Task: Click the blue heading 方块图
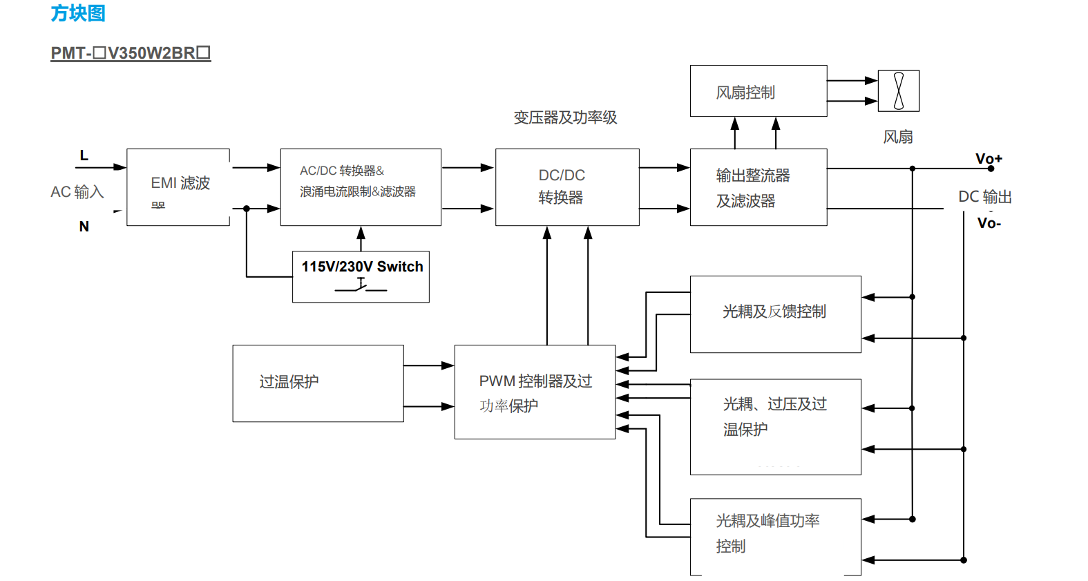[x=77, y=13]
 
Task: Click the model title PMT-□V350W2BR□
[x=131, y=53]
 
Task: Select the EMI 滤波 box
[x=178, y=187]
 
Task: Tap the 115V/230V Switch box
[x=361, y=276]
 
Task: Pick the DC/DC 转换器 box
[x=567, y=187]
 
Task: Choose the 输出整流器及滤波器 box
[x=758, y=187]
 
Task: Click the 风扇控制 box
[x=758, y=91]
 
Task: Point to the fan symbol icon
[x=898, y=91]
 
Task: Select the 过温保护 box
[x=318, y=383]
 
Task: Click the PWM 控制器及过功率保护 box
[x=535, y=392]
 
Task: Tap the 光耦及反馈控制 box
[x=775, y=314]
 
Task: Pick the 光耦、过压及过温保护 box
[x=775, y=426]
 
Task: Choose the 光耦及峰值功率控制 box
[x=775, y=536]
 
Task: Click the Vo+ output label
[x=988, y=159]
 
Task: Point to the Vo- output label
[x=989, y=223]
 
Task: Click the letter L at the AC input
[x=84, y=155]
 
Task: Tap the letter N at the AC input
[x=84, y=227]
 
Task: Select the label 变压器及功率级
[x=565, y=118]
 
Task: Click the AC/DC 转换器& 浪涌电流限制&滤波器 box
[x=361, y=187]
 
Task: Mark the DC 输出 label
[x=984, y=197]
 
